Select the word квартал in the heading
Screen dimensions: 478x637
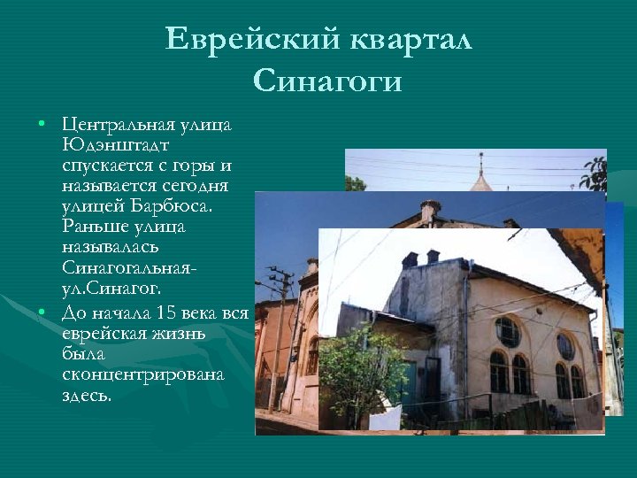pyautogui.click(x=411, y=41)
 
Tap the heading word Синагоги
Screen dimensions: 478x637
pyautogui.click(x=327, y=81)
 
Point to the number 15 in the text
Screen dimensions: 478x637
pyautogui.click(x=165, y=313)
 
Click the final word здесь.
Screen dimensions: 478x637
pyautogui.click(x=87, y=395)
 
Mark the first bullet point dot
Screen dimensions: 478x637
pyautogui.click(x=41, y=125)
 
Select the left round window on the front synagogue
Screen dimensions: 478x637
pyautogui.click(x=507, y=331)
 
